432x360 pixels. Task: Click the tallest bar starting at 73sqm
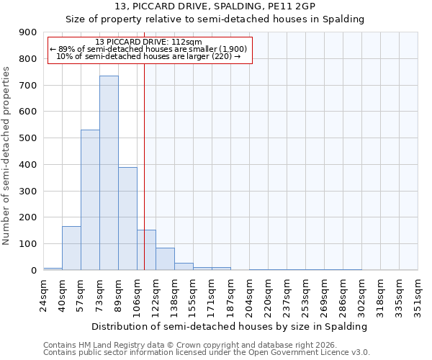109,173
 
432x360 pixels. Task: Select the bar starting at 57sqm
90,200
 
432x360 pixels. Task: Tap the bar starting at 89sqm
127,218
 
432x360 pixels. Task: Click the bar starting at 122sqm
165,258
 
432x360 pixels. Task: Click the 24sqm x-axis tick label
44,294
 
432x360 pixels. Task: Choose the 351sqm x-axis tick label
418,294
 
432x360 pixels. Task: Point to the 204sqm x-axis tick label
250,294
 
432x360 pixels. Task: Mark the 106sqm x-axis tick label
138,294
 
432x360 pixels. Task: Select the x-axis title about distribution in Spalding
230,326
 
